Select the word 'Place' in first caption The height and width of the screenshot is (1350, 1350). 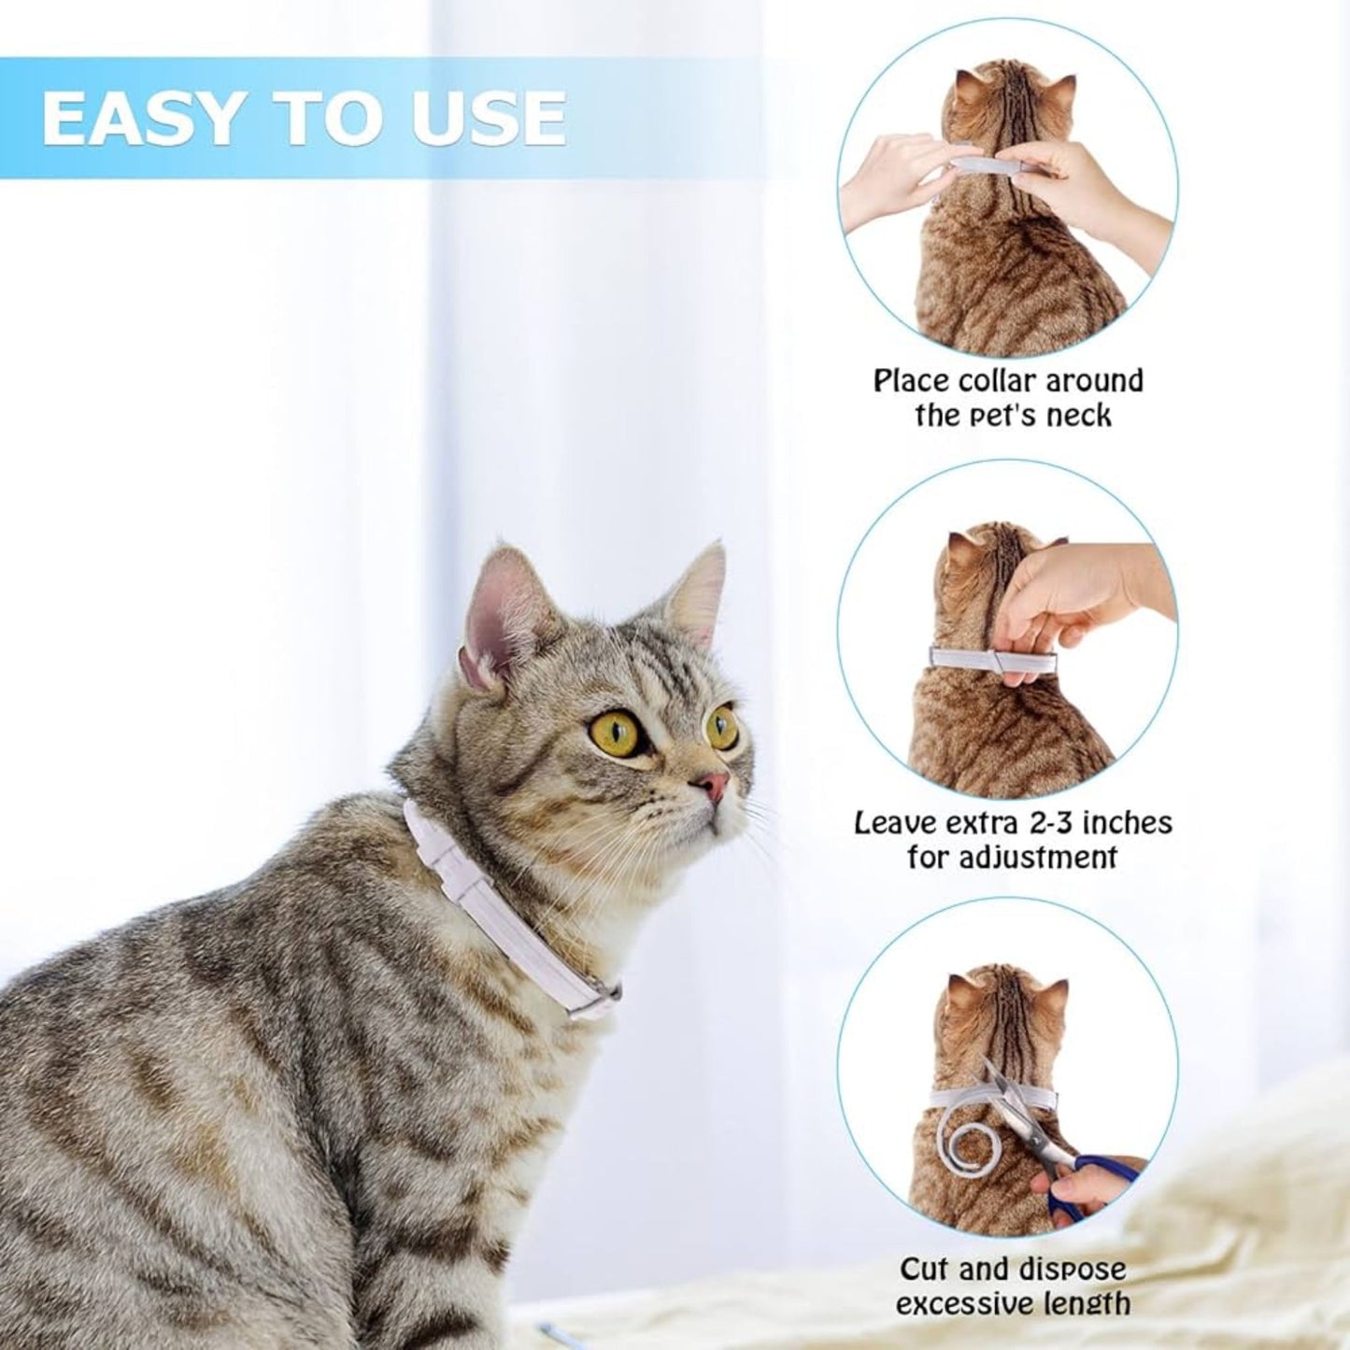[x=911, y=381]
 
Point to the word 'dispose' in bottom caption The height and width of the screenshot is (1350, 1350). [x=1066, y=1270]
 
